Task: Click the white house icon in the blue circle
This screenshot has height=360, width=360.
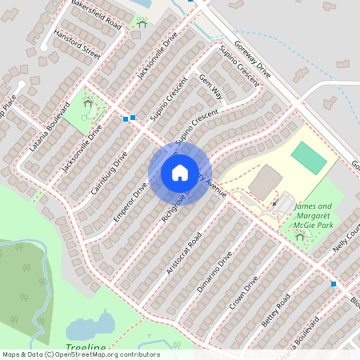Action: coord(179,173)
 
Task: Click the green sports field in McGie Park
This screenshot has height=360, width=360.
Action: coord(309,158)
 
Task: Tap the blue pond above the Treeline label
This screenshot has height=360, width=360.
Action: coord(92,326)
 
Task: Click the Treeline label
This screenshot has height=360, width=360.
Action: coord(86,348)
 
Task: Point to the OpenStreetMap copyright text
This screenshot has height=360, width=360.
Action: coord(81,354)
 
